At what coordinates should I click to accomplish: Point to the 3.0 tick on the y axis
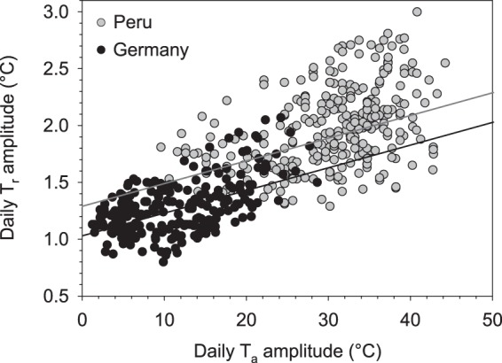(59, 12)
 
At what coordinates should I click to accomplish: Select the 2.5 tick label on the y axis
(59, 68)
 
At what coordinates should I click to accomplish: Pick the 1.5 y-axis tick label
(59, 181)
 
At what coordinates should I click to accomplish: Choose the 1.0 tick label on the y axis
(59, 238)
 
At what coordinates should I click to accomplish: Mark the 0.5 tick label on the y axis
(59, 295)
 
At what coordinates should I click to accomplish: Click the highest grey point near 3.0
(417, 12)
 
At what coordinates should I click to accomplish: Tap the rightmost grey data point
(445, 63)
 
